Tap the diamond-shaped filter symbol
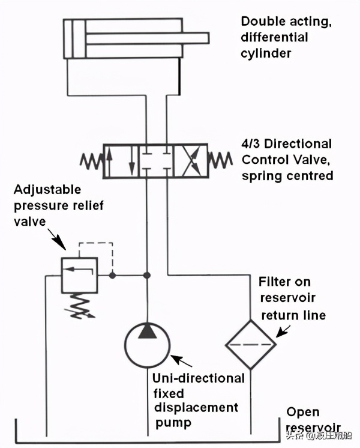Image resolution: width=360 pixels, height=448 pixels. pyautogui.click(x=250, y=344)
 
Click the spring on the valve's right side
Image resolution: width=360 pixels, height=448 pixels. pyautogui.click(x=220, y=160)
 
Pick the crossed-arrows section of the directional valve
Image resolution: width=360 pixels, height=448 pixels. pyautogui.click(x=190, y=160)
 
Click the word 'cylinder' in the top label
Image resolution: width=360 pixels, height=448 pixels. pyautogui.click(x=266, y=53)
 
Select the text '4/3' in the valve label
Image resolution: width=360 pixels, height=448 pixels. pyautogui.click(x=252, y=144)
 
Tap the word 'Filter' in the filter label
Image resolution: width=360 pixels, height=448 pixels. pyautogui.click(x=274, y=282)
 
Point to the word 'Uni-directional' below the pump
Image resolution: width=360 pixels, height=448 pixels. pyautogui.click(x=198, y=378)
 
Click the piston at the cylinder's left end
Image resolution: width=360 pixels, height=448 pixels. pyautogui.click(x=74, y=38)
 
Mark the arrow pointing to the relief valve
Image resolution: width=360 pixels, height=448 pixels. pyautogui.click(x=59, y=240)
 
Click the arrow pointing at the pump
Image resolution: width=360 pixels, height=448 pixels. pyautogui.click(x=181, y=362)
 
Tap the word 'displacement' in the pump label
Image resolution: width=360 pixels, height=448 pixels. pyautogui.click(x=195, y=408)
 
